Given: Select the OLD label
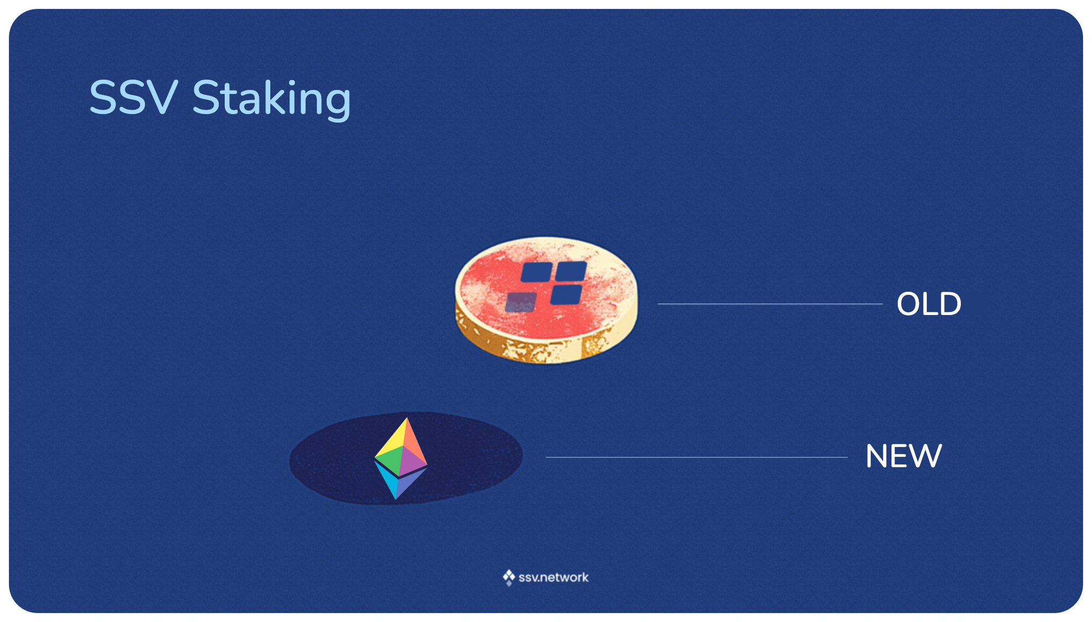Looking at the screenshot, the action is pos(929,304).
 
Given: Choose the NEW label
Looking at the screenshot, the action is pos(904,456).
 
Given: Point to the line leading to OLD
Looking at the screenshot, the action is pos(770,304).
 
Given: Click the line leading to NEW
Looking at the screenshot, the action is pos(696,457).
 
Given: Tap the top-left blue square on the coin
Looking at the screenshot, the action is pos(536,272).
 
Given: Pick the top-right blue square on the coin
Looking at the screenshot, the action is pos(572,271).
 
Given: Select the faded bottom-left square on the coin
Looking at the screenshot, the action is pos(521,302).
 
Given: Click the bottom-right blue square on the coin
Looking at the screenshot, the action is pos(566,295).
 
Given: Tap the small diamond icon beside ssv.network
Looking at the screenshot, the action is pos(509,577).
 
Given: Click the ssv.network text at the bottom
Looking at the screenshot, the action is pos(553,577).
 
